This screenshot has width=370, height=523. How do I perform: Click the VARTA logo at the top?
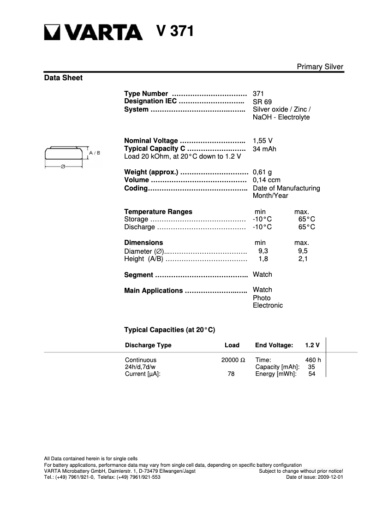(x=94, y=32)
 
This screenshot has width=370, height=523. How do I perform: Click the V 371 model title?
(x=175, y=31)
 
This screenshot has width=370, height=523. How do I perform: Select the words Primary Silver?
(x=320, y=67)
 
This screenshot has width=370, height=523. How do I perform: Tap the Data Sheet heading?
(x=63, y=78)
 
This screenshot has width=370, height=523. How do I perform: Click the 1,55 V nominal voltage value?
(x=263, y=141)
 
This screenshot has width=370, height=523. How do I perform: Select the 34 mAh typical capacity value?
(x=264, y=149)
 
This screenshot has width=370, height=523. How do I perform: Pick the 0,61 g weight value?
(x=262, y=172)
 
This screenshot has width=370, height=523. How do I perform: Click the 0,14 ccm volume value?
(x=266, y=180)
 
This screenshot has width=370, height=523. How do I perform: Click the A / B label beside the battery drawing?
(x=95, y=153)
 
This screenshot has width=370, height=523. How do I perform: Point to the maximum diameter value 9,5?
(x=303, y=251)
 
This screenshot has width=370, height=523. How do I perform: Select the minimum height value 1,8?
(x=263, y=259)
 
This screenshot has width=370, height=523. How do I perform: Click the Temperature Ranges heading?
(x=158, y=212)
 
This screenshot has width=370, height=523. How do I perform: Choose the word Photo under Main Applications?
(x=262, y=298)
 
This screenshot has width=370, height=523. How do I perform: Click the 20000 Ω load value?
(x=233, y=360)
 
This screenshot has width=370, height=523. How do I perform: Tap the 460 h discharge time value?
(x=313, y=360)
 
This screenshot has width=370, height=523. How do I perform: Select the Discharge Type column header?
(x=148, y=345)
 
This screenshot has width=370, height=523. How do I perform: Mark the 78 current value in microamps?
(x=231, y=374)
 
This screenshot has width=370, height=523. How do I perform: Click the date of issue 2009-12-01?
(x=330, y=477)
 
